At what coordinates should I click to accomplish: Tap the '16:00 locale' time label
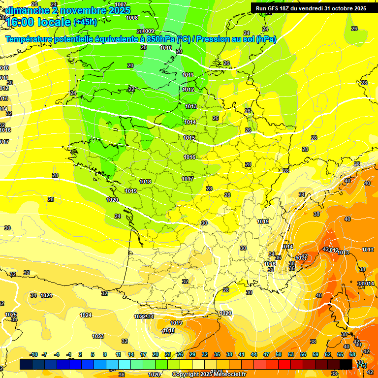click(x=38, y=22)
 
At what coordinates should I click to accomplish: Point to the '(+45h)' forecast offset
click(x=85, y=22)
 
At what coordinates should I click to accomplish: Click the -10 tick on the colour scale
click(x=33, y=354)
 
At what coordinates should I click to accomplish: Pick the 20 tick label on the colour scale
click(x=155, y=354)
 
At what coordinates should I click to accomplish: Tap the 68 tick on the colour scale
click(x=352, y=354)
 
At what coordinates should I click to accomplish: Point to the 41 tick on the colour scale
click(x=242, y=354)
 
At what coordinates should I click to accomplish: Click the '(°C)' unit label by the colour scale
click(x=361, y=365)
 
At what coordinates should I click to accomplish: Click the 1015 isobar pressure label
click(x=189, y=138)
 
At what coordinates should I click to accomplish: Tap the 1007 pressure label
click(x=121, y=4)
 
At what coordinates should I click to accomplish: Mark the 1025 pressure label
click(x=11, y=315)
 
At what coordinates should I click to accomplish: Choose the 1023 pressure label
click(x=98, y=336)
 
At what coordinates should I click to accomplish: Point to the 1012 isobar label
click(x=188, y=90)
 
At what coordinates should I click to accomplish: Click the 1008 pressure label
click(x=132, y=18)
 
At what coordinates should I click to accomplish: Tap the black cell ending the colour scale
click(x=346, y=364)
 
